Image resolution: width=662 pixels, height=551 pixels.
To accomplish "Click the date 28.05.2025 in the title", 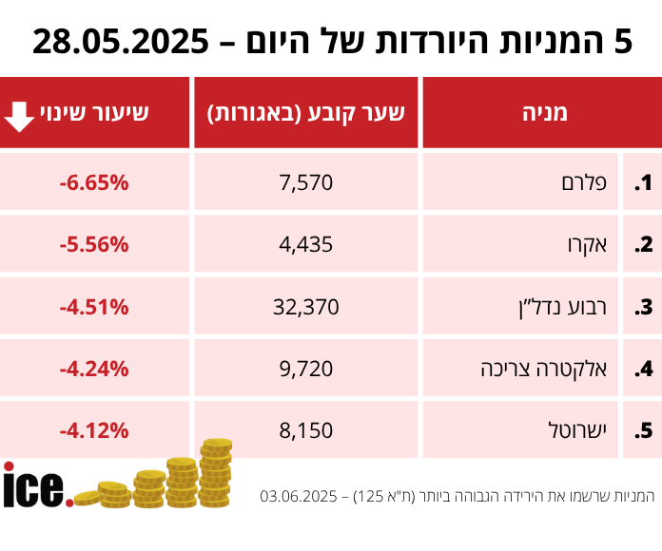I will click(121, 41).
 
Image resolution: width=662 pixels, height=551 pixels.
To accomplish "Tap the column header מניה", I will click(544, 113).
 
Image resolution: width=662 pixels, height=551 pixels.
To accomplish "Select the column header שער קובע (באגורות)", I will click(306, 113).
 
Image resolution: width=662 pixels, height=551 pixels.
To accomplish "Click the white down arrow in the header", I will click(19, 113).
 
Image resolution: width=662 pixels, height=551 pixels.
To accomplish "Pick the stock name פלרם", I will click(595, 182).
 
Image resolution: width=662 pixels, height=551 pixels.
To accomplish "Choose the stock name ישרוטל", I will click(588, 430).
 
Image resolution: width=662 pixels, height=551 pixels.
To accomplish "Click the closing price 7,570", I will click(306, 182).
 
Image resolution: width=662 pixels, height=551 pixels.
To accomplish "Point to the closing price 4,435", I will click(306, 244).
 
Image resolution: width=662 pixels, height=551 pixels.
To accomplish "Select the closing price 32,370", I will click(306, 307).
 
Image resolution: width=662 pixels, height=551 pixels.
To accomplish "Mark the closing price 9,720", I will click(306, 369).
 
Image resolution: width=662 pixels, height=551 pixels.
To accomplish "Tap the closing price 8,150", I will click(306, 430).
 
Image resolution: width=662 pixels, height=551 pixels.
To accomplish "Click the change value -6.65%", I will click(93, 182).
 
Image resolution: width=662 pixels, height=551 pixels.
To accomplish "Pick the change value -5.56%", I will click(93, 244).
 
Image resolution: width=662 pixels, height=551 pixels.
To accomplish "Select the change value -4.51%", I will click(93, 307).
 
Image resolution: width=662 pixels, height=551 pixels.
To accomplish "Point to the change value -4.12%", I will click(93, 430).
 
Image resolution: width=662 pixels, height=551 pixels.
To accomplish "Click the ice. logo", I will click(36, 486).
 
